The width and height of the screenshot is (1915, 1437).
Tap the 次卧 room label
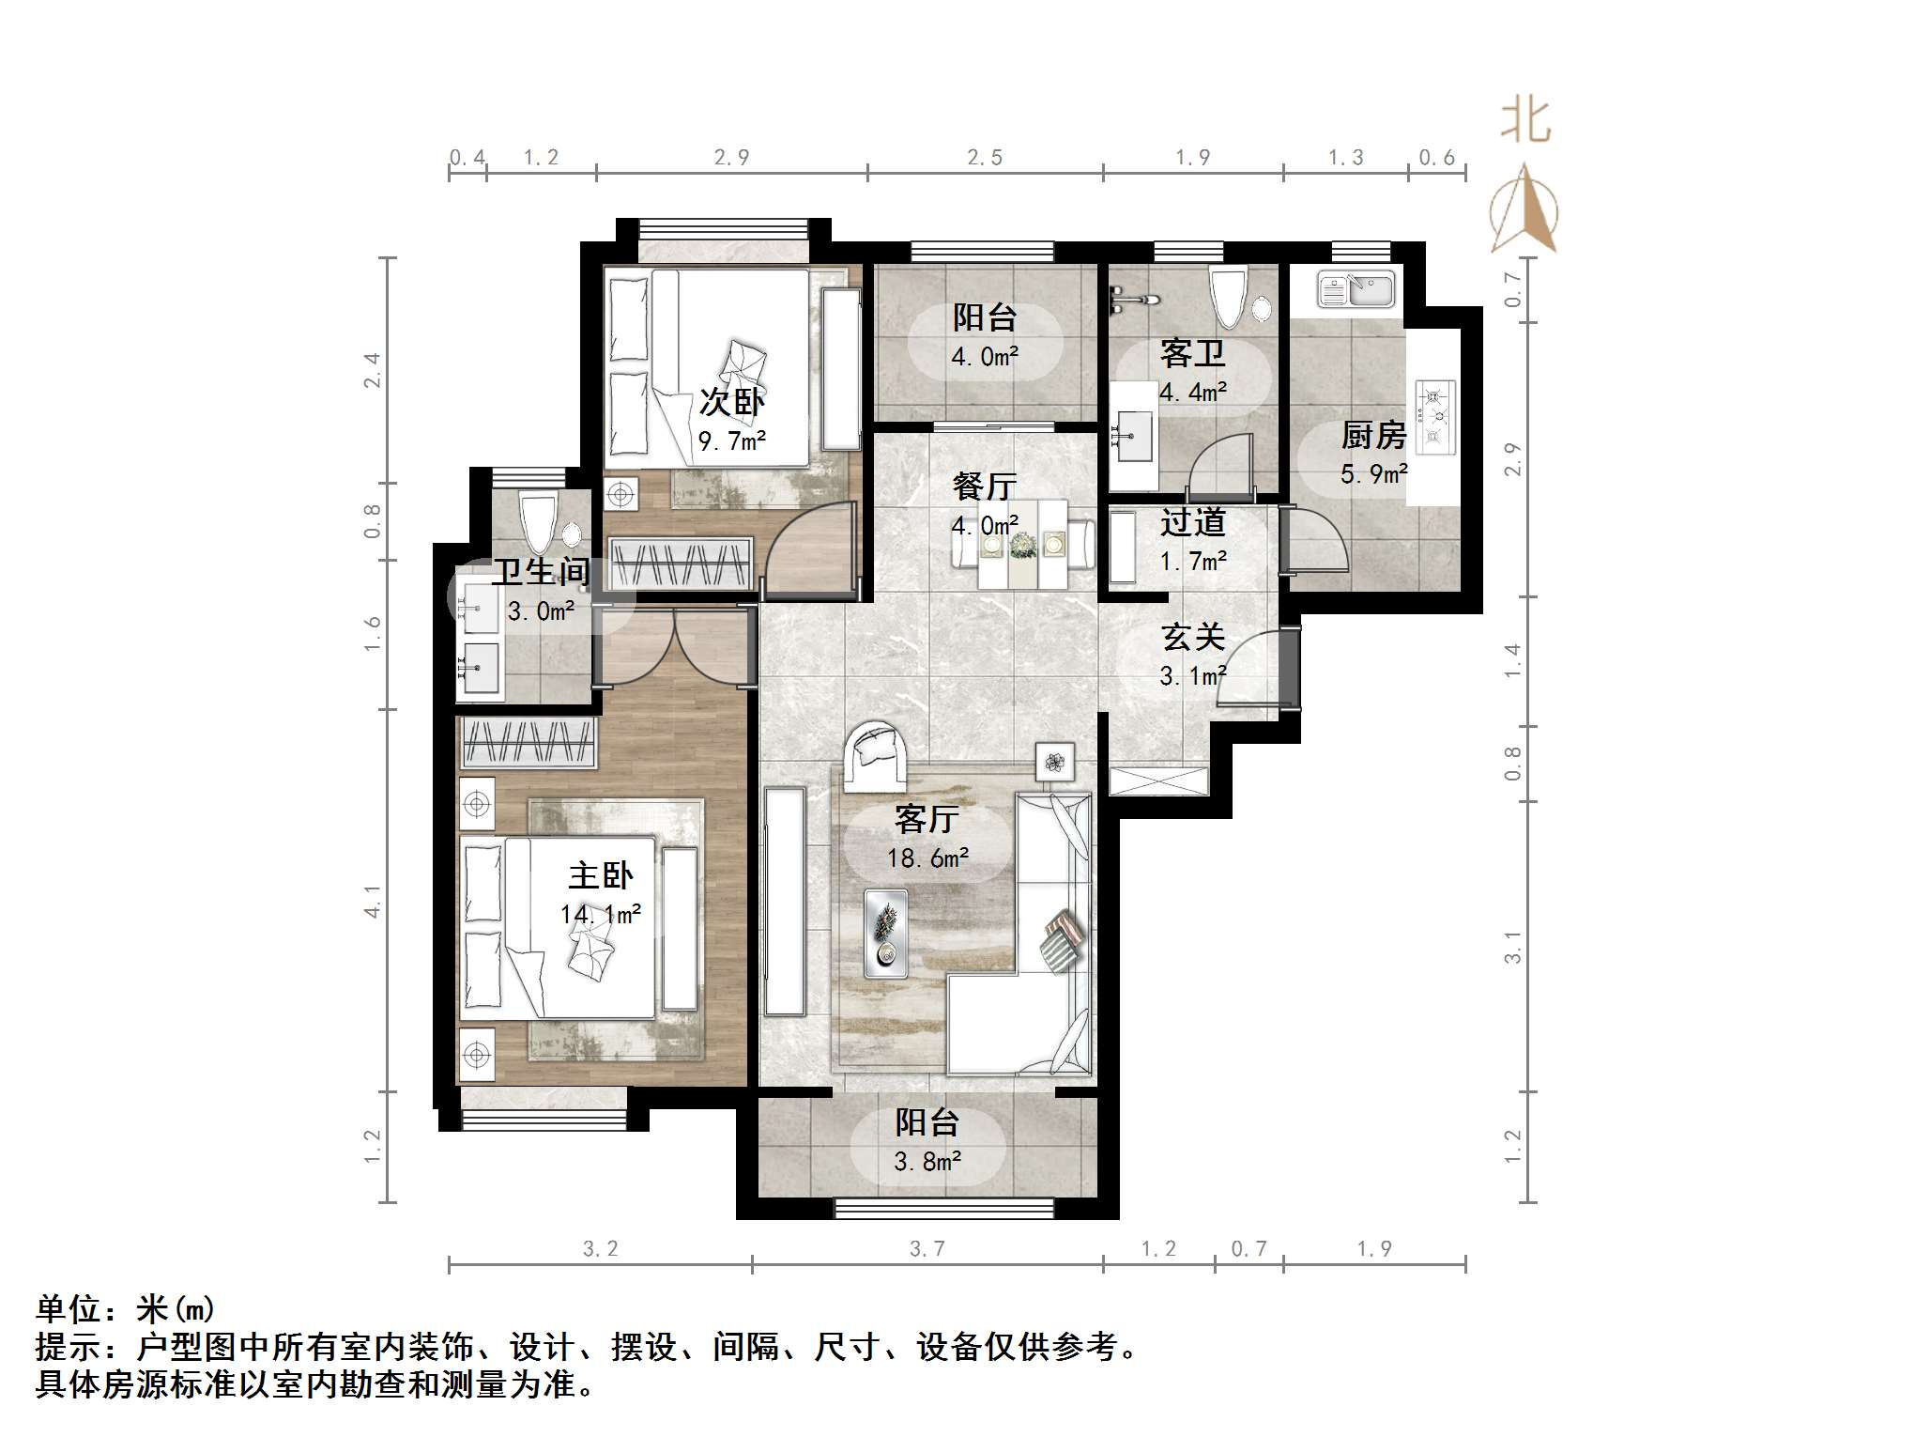click(731, 402)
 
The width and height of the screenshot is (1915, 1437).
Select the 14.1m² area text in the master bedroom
click(601, 914)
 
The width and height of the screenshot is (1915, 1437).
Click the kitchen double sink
click(1356, 289)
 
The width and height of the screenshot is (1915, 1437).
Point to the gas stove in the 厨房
click(1434, 416)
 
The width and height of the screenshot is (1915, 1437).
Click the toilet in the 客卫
click(1229, 295)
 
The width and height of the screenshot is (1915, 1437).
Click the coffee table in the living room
click(885, 931)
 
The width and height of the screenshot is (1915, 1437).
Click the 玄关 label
click(1193, 638)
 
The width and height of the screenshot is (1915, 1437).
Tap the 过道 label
click(1192, 522)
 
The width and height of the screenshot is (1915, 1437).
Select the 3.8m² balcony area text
click(927, 1163)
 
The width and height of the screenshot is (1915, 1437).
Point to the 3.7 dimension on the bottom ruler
click(927, 1248)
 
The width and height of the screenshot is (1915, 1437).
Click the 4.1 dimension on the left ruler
click(374, 901)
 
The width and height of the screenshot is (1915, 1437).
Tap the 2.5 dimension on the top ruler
click(985, 158)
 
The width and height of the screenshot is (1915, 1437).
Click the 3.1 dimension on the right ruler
click(1512, 947)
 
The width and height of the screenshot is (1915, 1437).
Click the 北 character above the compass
click(1524, 122)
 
